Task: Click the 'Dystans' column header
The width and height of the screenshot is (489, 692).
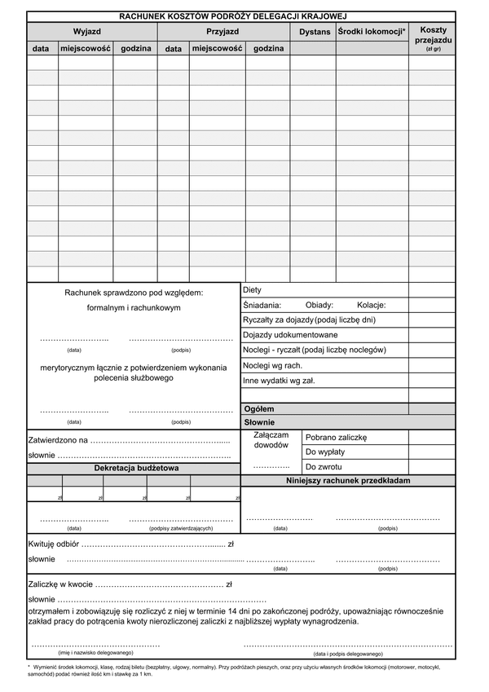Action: click(315, 32)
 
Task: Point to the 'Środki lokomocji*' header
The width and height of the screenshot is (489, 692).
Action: click(372, 31)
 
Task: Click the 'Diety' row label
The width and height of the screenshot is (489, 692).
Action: click(253, 290)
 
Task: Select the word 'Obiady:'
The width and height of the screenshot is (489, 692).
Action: click(319, 305)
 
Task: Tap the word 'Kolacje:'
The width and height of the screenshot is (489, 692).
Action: click(371, 305)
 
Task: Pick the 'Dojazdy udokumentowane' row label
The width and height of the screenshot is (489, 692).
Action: click(290, 335)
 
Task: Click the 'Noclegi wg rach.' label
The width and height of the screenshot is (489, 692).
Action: click(272, 365)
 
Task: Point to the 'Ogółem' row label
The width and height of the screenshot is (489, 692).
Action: click(259, 408)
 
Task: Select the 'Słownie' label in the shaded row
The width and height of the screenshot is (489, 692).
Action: click(259, 423)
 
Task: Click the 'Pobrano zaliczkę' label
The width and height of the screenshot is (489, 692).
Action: click(337, 438)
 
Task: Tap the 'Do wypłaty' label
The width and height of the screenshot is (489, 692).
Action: click(325, 452)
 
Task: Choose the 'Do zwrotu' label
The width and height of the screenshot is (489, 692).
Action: click(324, 467)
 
